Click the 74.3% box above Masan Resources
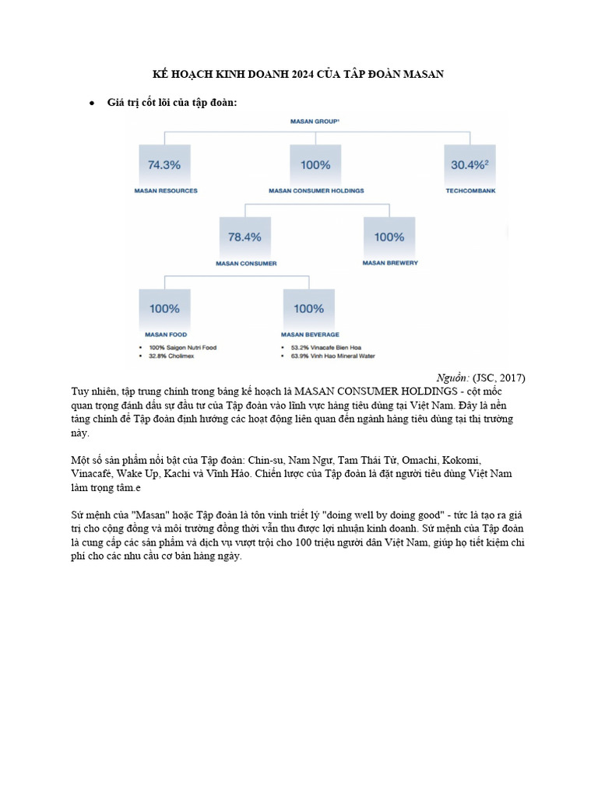tap(164, 165)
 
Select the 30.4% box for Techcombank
tap(469, 165)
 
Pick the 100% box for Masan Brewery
tap(389, 237)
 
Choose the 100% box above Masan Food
tap(164, 308)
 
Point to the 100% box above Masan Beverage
tap(309, 308)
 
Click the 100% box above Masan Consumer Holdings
tap(315, 165)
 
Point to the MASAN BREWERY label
tap(390, 263)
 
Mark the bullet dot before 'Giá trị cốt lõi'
tap(92, 103)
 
